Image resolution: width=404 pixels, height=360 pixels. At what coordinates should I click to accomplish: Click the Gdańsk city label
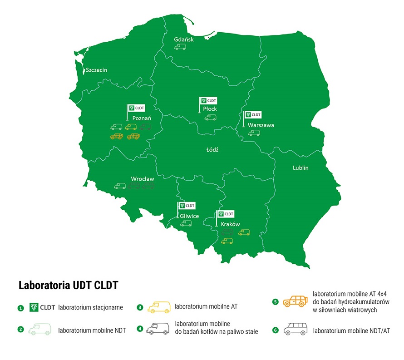pyautogui.click(x=184, y=39)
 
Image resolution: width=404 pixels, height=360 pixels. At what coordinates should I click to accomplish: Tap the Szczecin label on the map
pyautogui.click(x=96, y=70)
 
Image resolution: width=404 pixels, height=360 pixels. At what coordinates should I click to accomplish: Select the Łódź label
pyautogui.click(x=212, y=149)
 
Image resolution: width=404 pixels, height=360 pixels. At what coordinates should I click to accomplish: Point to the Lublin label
pyautogui.click(x=300, y=168)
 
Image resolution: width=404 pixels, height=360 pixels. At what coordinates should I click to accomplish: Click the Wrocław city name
pyautogui.click(x=143, y=179)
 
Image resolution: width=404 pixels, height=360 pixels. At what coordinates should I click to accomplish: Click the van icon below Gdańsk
pyautogui.click(x=180, y=47)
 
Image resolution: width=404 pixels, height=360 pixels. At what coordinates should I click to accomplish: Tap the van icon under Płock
pyautogui.click(x=210, y=118)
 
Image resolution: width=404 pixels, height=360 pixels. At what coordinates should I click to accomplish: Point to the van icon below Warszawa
pyautogui.click(x=254, y=133)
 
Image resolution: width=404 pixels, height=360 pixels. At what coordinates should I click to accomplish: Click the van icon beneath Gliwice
pyautogui.click(x=186, y=223)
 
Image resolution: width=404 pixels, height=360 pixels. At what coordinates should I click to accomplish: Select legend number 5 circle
pyautogui.click(x=275, y=301)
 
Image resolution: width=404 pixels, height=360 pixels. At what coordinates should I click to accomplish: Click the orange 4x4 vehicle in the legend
pyautogui.click(x=295, y=301)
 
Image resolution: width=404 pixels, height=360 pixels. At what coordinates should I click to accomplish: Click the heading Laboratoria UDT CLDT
pyautogui.click(x=68, y=286)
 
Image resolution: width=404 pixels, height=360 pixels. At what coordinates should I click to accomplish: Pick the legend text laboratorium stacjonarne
pyautogui.click(x=91, y=307)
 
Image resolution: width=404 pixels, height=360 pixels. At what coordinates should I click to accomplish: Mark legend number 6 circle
pyautogui.click(x=275, y=330)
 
